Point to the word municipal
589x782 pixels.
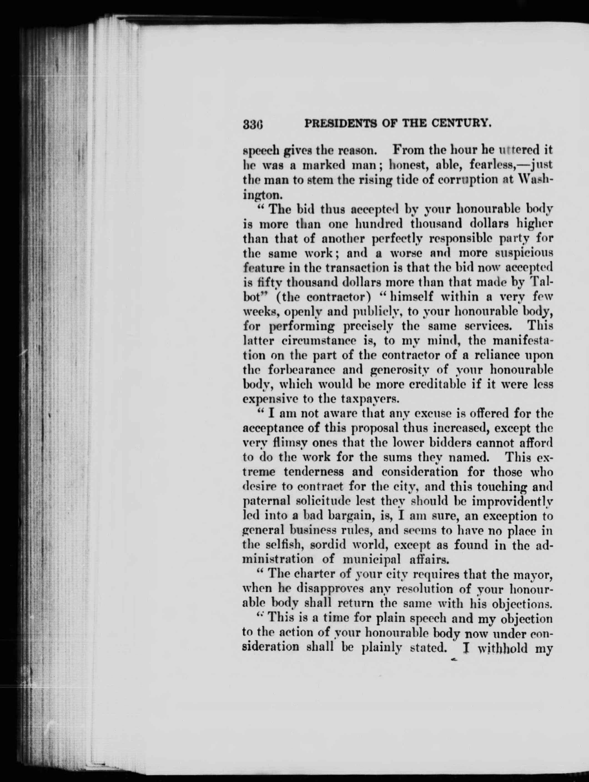[x=372, y=560]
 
